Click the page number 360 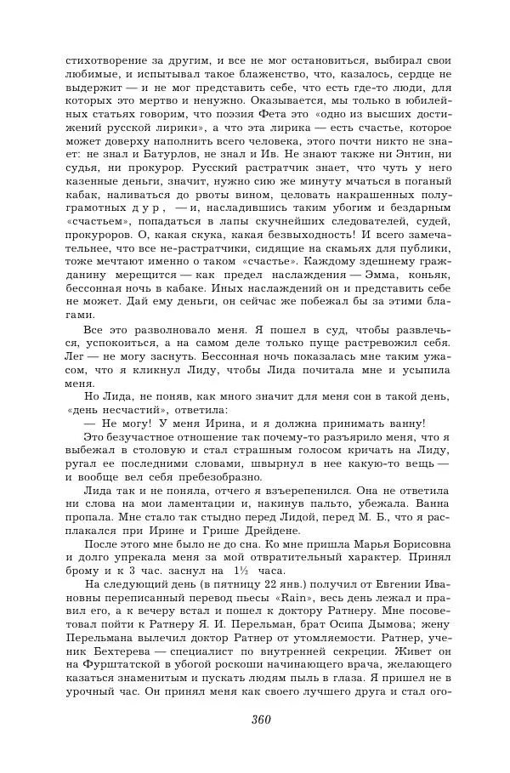[261, 719]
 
